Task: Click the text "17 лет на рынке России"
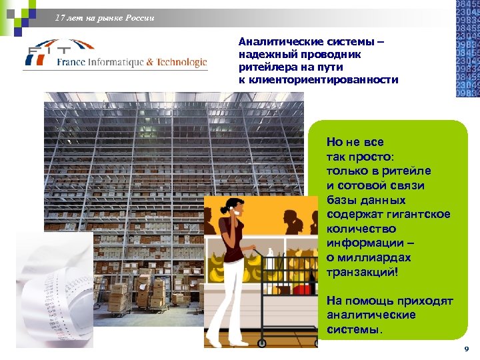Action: (x=105, y=18)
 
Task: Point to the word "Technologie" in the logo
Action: (x=182, y=63)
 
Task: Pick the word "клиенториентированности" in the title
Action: (x=319, y=80)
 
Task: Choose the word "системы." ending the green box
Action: (x=355, y=330)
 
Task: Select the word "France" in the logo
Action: (x=72, y=63)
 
